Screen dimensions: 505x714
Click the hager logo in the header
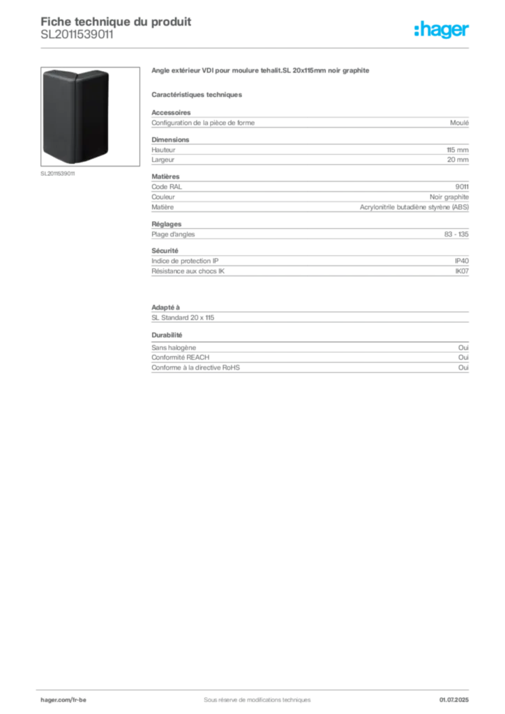click(x=441, y=30)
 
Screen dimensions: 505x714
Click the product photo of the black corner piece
click(x=90, y=116)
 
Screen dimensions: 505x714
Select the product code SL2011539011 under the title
click(x=77, y=35)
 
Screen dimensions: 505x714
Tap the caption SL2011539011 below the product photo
click(x=58, y=174)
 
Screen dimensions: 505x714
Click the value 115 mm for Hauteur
click(x=457, y=150)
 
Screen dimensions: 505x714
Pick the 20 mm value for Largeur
click(x=458, y=160)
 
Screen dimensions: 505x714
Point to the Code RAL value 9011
click(x=462, y=187)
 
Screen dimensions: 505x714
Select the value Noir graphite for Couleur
click(x=449, y=197)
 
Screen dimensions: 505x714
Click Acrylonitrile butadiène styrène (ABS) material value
click(x=414, y=207)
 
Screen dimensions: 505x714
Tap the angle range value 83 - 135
click(x=456, y=234)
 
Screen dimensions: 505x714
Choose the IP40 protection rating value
click(x=462, y=261)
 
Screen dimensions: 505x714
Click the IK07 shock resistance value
click(x=462, y=271)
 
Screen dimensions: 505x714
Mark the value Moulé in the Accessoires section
click(x=459, y=123)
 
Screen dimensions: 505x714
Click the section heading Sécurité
click(x=165, y=251)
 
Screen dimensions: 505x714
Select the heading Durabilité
click(x=167, y=335)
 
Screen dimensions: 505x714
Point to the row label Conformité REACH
click(x=181, y=358)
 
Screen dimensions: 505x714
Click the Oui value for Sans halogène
click(x=463, y=347)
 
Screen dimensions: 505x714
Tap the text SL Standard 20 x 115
click(x=183, y=317)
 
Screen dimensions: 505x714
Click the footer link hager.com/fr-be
click(x=63, y=700)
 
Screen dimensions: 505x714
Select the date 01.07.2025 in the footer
click(x=453, y=700)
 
